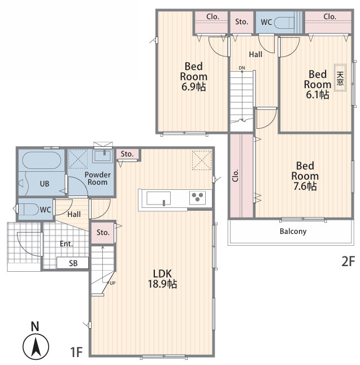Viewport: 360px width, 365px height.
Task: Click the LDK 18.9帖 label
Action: tap(162, 279)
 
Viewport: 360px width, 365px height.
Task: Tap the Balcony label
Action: tap(293, 232)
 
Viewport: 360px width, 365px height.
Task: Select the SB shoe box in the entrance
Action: tap(73, 263)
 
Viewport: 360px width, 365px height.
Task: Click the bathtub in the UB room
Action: tap(42, 160)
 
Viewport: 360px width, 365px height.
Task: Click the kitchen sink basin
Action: tap(158, 198)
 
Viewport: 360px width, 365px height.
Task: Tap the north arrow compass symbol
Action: tap(36, 346)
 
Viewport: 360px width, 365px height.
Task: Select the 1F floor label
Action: tap(76, 352)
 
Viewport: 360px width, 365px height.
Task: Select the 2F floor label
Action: tap(348, 261)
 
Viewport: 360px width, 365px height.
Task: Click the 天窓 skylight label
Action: tap(340, 78)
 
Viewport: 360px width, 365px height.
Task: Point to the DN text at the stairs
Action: tap(242, 68)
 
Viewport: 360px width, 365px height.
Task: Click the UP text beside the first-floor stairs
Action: tap(112, 283)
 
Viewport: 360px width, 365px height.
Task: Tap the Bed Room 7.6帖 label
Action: tap(305, 176)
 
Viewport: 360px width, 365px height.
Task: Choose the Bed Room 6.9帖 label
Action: tap(193, 76)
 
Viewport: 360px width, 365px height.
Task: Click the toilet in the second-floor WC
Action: tap(284, 23)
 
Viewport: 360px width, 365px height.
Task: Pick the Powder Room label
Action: tap(98, 179)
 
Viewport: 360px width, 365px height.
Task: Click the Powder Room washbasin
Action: tap(102, 156)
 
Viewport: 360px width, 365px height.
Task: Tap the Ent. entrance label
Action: tap(66, 244)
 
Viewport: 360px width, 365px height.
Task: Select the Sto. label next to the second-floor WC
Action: tap(241, 22)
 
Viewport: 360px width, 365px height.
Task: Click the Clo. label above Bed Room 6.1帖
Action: tap(329, 17)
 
